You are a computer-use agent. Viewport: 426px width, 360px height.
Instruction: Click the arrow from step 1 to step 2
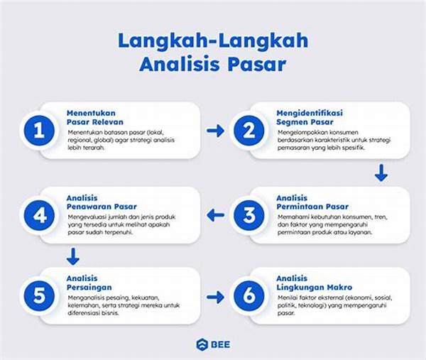(215, 131)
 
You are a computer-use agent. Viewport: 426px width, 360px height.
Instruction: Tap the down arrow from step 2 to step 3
(381, 173)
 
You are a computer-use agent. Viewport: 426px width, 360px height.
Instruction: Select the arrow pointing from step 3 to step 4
(215, 214)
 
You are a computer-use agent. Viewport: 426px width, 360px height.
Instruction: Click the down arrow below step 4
(72, 255)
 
